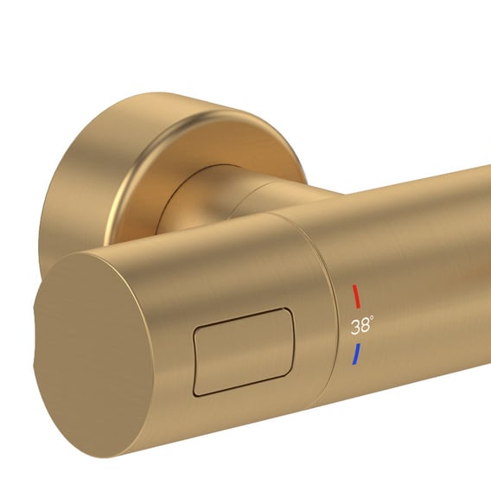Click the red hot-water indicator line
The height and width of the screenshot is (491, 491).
pos(356,297)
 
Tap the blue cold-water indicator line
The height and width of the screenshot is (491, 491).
pos(356,354)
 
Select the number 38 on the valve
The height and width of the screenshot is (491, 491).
pos(360,327)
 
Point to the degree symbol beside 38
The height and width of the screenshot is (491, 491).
pos(372,317)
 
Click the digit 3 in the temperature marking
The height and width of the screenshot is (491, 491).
pos(355,328)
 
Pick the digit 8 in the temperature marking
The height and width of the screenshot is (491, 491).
pos(365,326)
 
